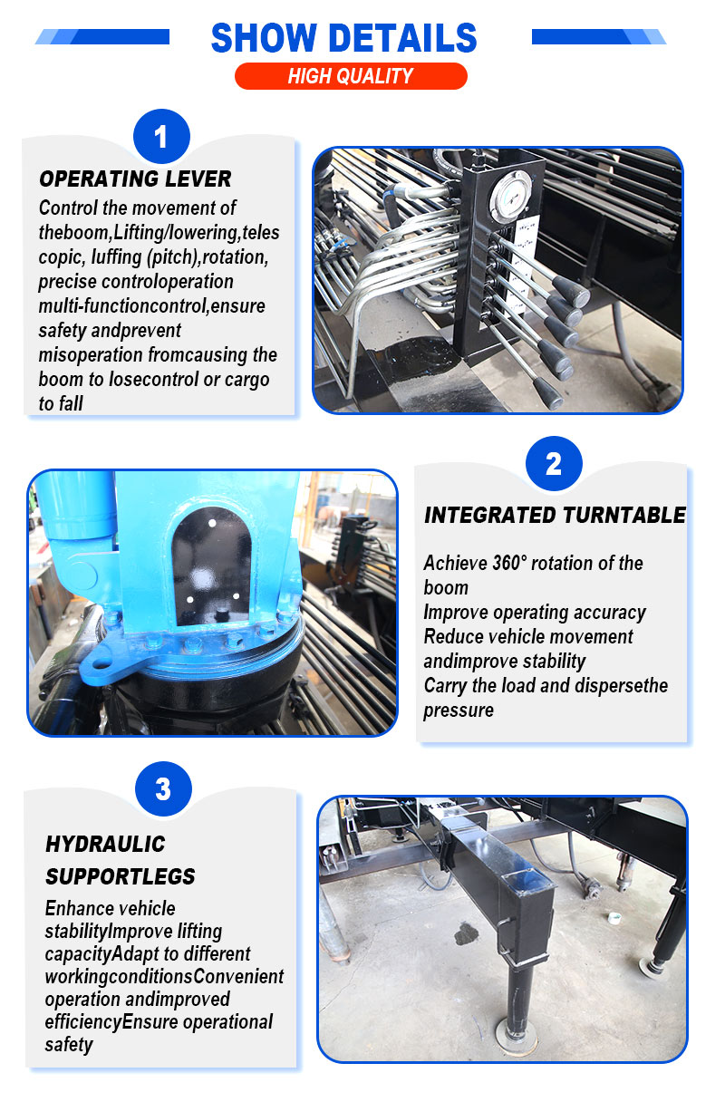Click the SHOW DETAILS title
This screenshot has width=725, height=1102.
click(x=343, y=37)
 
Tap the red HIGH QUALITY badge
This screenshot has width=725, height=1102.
click(x=351, y=76)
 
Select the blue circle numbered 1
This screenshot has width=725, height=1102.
click(x=161, y=136)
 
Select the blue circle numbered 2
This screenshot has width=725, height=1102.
click(x=554, y=463)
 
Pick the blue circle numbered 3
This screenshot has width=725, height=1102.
click(x=163, y=788)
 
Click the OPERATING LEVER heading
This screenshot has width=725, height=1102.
click(x=135, y=179)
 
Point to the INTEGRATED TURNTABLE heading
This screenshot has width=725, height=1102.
click(x=555, y=515)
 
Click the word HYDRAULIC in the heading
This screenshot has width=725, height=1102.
click(x=105, y=845)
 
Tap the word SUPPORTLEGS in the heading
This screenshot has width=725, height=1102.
click(x=121, y=876)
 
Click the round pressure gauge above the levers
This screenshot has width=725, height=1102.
click(x=511, y=196)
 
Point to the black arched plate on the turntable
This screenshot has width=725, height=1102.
click(x=212, y=565)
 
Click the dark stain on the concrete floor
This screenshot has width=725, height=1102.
click(x=466, y=934)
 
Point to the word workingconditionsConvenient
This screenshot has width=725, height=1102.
click(x=164, y=977)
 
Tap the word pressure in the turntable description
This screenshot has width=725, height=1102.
click(x=459, y=710)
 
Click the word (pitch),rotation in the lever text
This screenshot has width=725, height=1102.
click(x=208, y=257)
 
